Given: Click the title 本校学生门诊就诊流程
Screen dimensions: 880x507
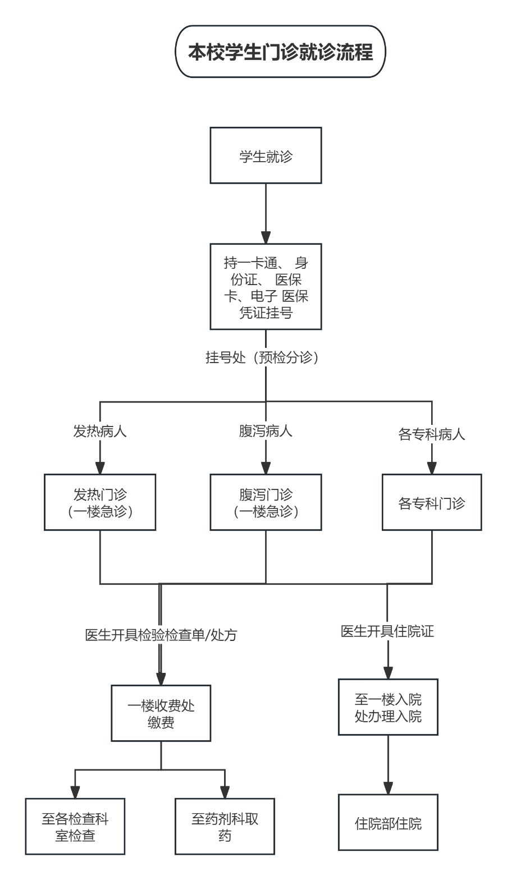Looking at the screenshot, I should click(281, 52).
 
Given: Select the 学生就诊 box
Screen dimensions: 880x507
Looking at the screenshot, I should click(266, 155).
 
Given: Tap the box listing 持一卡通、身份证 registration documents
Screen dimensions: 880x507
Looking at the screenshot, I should click(266, 287).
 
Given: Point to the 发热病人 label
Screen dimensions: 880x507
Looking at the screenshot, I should click(100, 432).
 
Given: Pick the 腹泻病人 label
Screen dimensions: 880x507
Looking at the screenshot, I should click(266, 432).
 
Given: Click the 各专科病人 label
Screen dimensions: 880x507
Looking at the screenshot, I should click(431, 434).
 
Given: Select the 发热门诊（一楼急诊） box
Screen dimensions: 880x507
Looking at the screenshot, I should click(100, 502).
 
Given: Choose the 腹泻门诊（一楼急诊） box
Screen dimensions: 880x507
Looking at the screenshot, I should click(266, 502).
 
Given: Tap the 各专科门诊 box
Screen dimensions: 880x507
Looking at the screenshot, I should click(431, 502).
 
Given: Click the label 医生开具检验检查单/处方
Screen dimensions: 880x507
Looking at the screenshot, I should click(161, 635).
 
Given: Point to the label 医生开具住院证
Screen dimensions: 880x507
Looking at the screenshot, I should click(387, 631).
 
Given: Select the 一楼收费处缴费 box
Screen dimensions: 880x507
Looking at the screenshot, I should click(161, 713).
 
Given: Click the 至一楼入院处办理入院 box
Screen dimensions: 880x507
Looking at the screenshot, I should click(387, 707).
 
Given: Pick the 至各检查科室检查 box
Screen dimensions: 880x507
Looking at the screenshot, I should click(75, 826).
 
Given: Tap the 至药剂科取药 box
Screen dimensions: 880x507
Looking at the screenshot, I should click(225, 826).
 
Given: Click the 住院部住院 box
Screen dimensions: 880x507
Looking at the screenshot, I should click(387, 823).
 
